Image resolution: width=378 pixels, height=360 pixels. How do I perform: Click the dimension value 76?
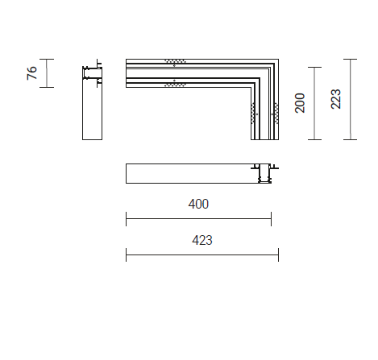[31, 72]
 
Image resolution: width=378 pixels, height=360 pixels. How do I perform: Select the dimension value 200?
[300, 103]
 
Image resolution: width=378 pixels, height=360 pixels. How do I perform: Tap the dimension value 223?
[336, 99]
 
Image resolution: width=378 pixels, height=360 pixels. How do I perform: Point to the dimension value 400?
[198, 204]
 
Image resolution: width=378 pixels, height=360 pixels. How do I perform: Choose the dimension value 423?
[202, 240]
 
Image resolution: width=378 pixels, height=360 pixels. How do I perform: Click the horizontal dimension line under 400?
[198, 218]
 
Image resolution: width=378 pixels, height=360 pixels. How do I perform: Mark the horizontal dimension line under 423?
[202, 254]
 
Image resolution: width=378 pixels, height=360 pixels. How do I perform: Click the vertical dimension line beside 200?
[314, 103]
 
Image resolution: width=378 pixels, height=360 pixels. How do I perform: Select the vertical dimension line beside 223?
[351, 99]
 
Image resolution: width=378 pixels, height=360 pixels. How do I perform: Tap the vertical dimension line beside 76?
[47, 73]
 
